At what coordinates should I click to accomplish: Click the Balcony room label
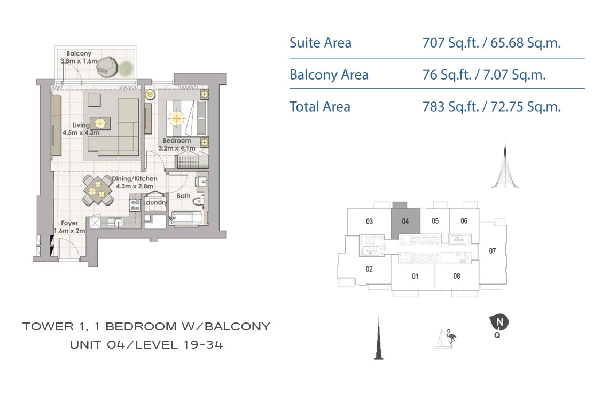79,53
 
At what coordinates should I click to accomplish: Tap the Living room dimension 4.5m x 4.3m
81,133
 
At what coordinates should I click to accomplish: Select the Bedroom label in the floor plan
177,140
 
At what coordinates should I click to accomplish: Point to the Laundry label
155,202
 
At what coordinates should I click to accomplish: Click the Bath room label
184,196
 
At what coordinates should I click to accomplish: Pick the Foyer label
69,223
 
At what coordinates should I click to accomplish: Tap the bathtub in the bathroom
186,218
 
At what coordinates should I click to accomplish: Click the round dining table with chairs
97,190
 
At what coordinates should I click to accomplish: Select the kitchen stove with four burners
135,205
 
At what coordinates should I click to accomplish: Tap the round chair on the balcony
107,67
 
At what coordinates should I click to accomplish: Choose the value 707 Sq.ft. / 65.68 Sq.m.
491,43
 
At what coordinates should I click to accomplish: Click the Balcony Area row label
329,75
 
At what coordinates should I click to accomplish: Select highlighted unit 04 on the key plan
405,221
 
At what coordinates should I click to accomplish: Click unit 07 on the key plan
493,251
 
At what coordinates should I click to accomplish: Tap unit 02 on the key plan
369,269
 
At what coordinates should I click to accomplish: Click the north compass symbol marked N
499,322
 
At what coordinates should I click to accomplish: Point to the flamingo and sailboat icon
446,338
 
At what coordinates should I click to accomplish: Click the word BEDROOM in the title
140,326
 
